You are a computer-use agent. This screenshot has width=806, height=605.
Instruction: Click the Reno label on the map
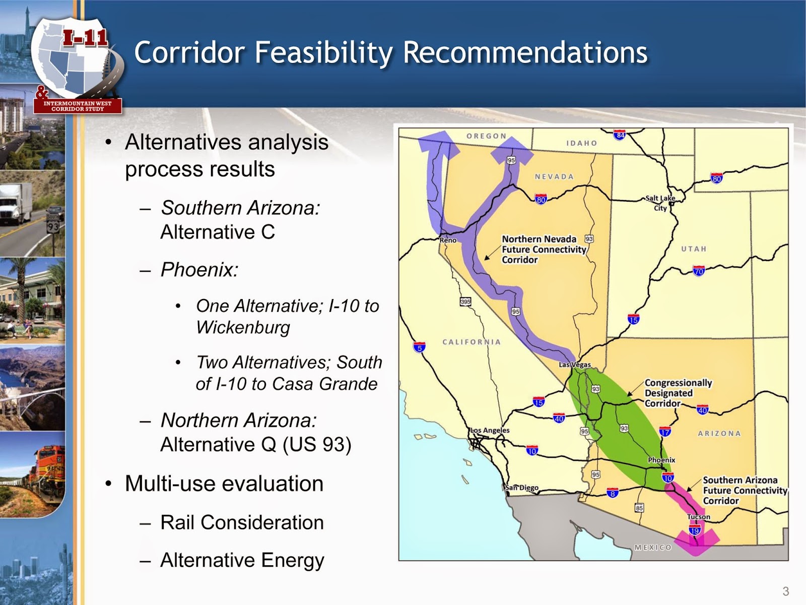[x=448, y=240]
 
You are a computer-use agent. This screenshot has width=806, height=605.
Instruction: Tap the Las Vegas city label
[x=575, y=365]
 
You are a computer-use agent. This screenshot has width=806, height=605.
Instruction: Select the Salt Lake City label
[x=660, y=203]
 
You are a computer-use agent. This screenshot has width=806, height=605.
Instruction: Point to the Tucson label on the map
[x=699, y=517]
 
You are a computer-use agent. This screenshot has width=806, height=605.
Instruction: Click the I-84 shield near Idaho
[x=620, y=135]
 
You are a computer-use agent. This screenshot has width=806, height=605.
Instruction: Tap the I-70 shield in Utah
[x=699, y=271]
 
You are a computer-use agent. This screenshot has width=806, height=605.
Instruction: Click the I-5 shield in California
[x=419, y=347]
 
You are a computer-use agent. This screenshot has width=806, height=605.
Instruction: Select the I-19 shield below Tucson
[x=695, y=530]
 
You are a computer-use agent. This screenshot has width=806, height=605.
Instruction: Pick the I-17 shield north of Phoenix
[x=665, y=432]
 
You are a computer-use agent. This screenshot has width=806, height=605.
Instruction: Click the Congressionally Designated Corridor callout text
[x=678, y=393]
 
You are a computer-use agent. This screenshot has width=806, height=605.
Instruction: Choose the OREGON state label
[x=486, y=136]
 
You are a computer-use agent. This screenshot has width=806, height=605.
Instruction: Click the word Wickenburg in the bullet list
[x=243, y=328]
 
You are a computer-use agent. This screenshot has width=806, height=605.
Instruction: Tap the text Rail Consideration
[x=242, y=523]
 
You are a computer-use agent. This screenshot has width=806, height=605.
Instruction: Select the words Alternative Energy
[x=242, y=561]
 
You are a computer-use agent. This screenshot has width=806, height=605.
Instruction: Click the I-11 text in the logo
[x=85, y=38]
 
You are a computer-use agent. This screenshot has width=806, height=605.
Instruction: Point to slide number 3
[x=785, y=591]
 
